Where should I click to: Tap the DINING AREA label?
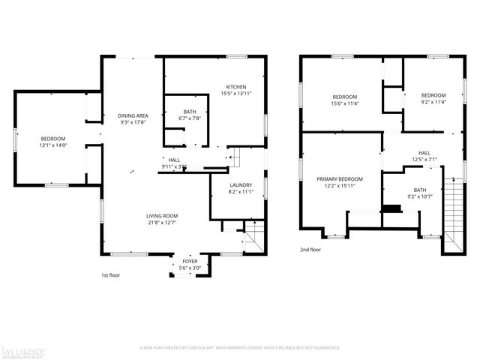pyautogui.click(x=133, y=115)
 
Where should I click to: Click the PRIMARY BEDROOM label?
pyautogui.click(x=339, y=179)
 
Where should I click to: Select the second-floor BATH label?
pyautogui.click(x=419, y=190)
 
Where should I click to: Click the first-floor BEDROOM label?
pyautogui.click(x=52, y=139)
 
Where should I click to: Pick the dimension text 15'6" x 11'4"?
pyautogui.click(x=345, y=103)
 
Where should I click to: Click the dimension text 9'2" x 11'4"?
pyautogui.click(x=433, y=103)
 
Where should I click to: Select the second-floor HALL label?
pyautogui.click(x=424, y=152)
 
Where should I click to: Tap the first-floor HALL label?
pyautogui.click(x=174, y=160)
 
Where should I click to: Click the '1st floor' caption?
pyautogui.click(x=111, y=275)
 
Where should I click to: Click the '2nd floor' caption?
pyautogui.click(x=310, y=250)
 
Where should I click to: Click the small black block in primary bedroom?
pyautogui.click(x=391, y=208)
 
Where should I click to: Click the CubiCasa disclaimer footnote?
pyautogui.click(x=240, y=348)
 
